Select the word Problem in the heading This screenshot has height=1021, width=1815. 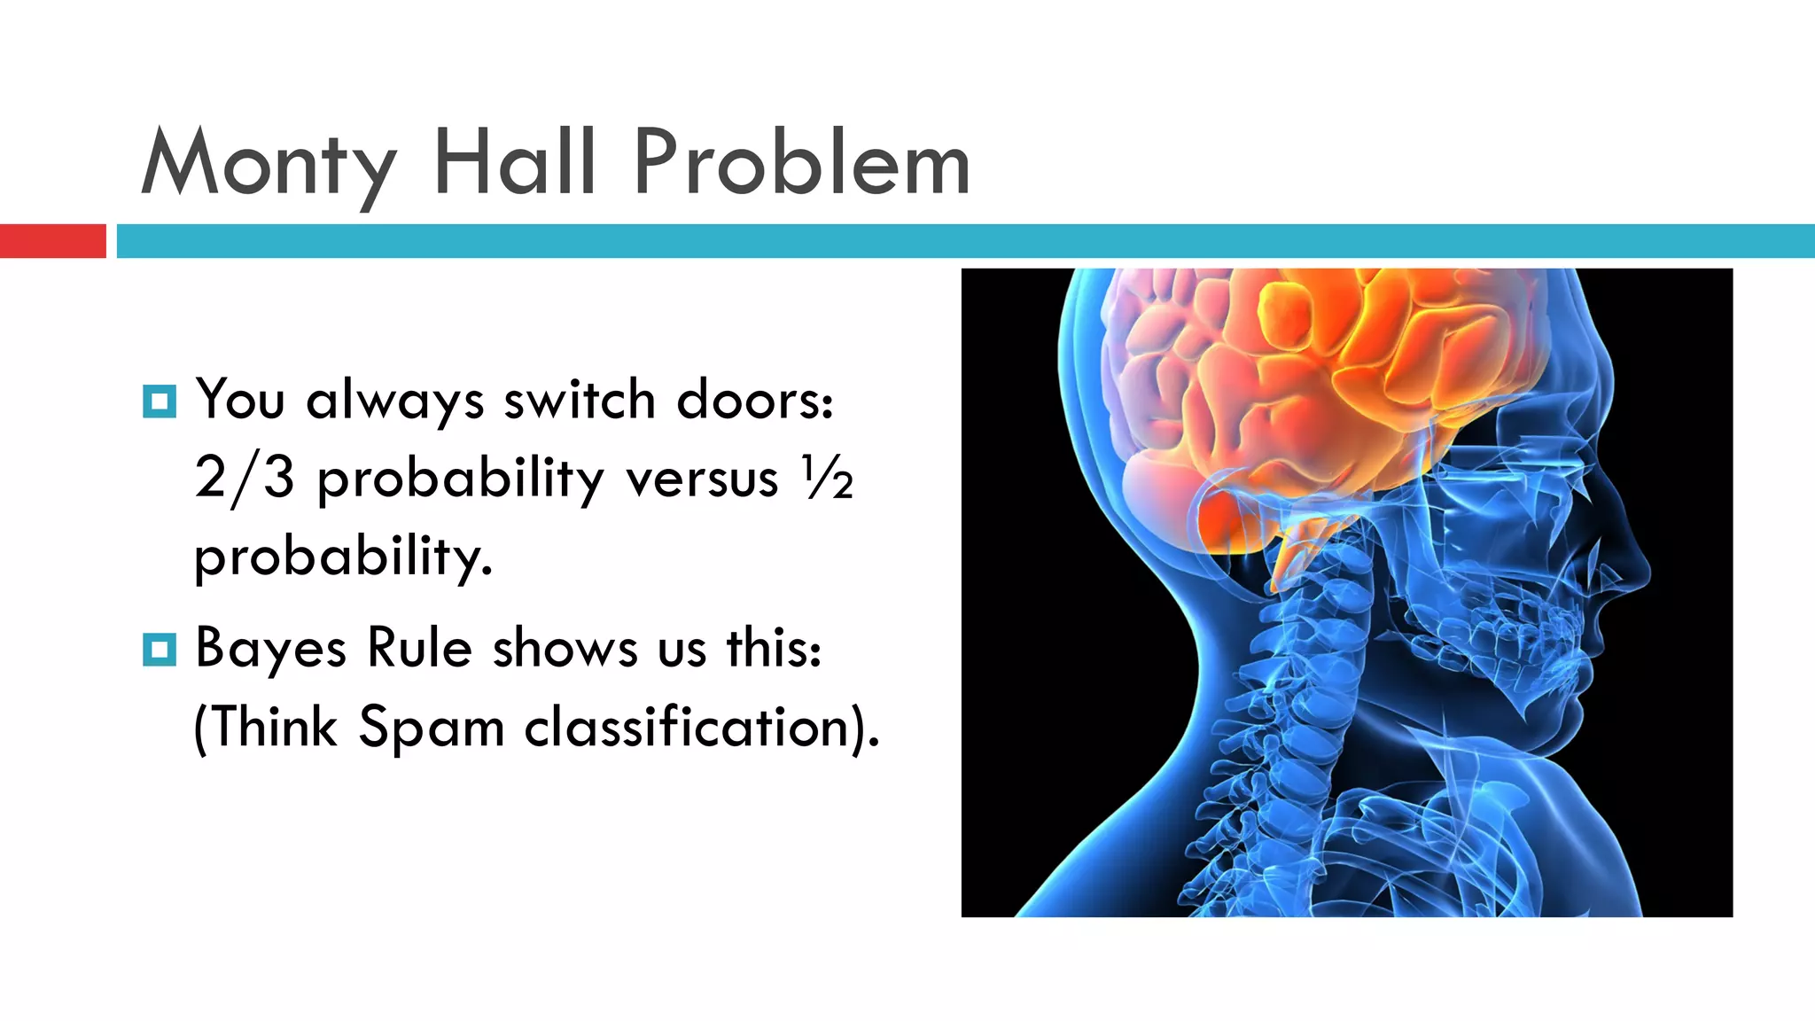[802, 163]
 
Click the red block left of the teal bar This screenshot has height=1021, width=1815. [52, 241]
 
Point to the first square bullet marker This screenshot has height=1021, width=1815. [160, 401]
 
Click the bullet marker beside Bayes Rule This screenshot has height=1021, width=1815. [160, 650]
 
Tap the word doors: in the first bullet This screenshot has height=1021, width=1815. [755, 400]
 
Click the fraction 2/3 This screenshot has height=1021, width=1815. [244, 479]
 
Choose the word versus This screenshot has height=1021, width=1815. [702, 479]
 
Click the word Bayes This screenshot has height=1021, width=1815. [270, 649]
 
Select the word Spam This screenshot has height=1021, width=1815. [432, 729]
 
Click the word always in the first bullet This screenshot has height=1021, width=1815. [394, 401]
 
